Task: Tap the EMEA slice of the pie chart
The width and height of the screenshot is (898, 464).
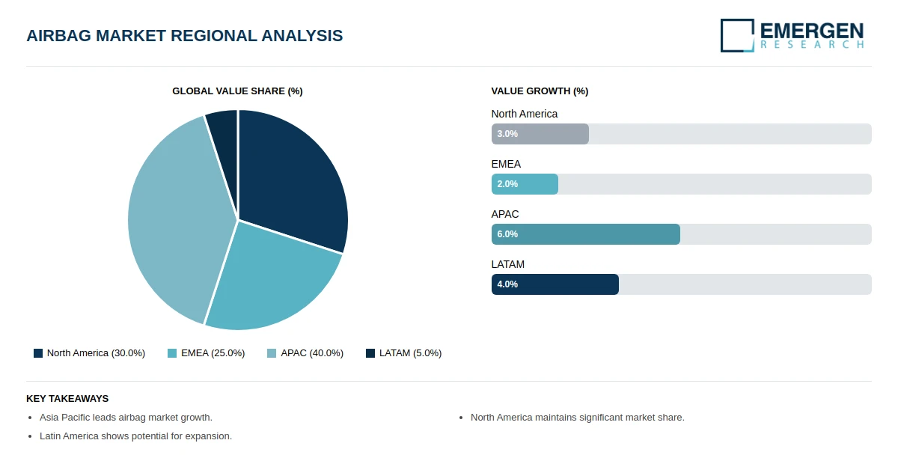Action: click(269, 281)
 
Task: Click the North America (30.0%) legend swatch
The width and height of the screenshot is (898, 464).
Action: click(38, 353)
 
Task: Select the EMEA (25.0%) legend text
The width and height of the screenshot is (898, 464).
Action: click(213, 353)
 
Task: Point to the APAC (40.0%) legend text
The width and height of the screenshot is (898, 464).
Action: click(312, 353)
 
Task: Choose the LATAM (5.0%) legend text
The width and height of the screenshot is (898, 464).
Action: click(411, 353)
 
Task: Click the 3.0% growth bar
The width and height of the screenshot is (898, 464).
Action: click(540, 134)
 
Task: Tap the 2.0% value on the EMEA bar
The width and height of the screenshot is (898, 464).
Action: click(507, 184)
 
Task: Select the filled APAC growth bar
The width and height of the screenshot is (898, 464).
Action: click(586, 234)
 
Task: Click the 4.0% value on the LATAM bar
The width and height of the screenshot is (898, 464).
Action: click(507, 284)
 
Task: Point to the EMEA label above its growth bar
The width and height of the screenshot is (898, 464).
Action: click(506, 164)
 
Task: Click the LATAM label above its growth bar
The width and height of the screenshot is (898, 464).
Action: click(508, 264)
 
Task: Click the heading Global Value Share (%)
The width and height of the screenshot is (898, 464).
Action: click(237, 91)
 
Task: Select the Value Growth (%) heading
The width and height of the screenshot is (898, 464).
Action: click(540, 91)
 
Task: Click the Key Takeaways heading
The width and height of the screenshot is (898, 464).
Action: click(67, 399)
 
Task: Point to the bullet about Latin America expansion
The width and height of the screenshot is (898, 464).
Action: click(136, 436)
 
